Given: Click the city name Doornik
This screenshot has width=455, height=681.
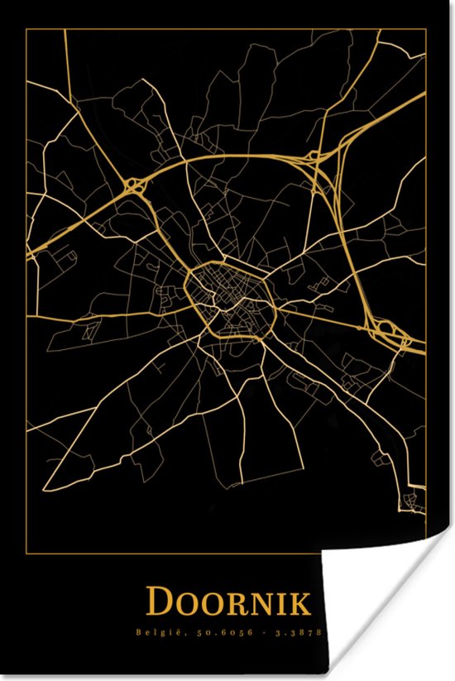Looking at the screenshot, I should coord(229,602).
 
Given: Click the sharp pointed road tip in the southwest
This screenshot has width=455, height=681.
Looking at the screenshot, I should coord(45,488).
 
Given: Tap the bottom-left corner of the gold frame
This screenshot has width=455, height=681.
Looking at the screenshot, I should coord(28,549).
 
